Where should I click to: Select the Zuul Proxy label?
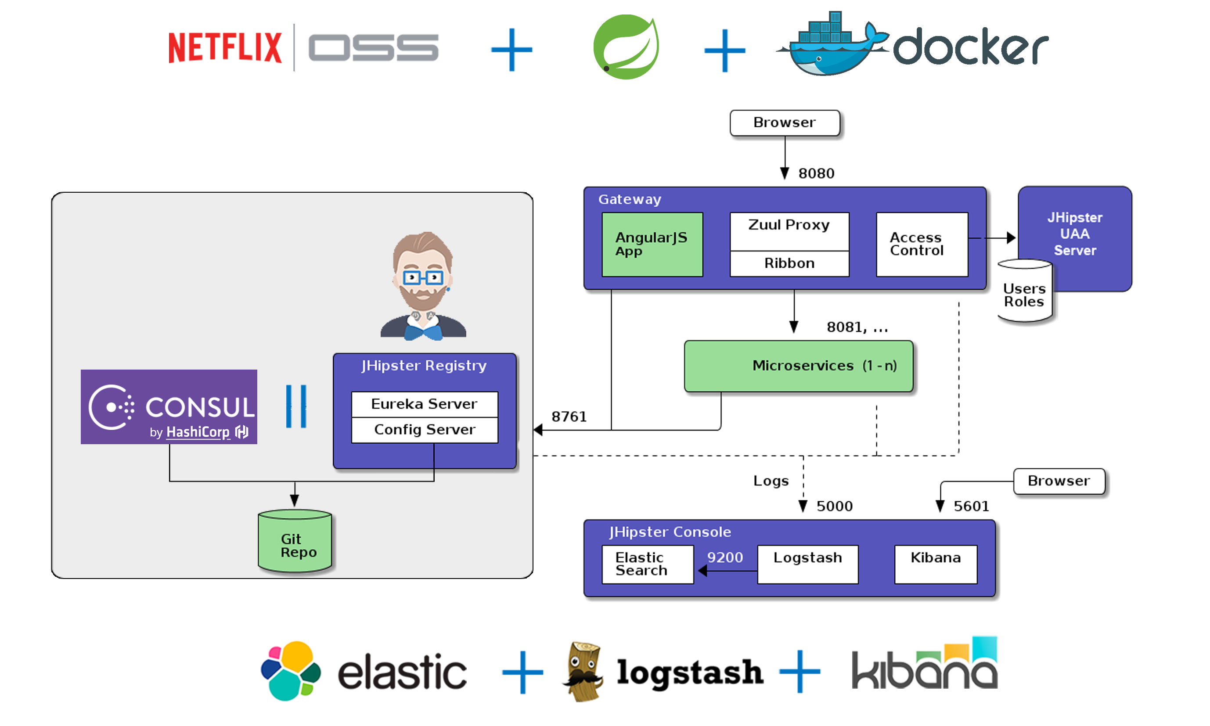click(x=789, y=225)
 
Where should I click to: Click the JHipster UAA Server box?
click(x=1075, y=234)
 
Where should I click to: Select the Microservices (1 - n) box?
click(x=799, y=366)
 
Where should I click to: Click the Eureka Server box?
click(x=424, y=404)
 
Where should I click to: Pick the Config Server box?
click(x=424, y=430)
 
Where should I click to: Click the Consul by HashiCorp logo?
click(x=169, y=407)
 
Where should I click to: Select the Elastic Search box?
click(x=647, y=564)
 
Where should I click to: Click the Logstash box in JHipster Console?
click(x=807, y=564)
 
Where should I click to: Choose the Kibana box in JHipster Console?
click(x=936, y=564)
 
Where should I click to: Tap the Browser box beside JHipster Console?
click(x=1059, y=482)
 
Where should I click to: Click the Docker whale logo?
click(x=832, y=47)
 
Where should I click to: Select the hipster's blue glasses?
click(x=423, y=278)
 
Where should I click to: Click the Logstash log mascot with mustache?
click(x=584, y=670)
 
